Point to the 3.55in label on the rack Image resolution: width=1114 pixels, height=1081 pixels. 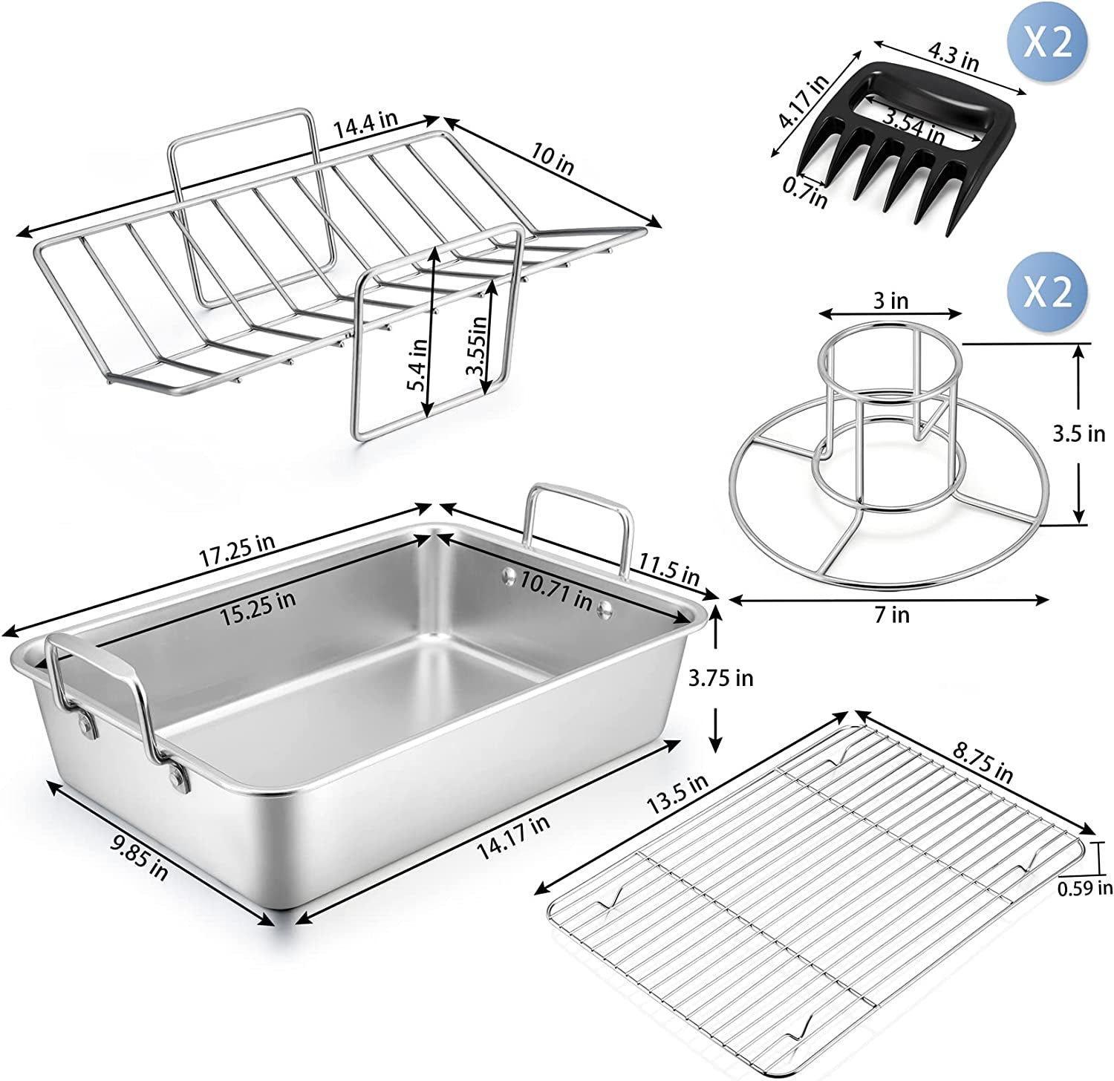(478, 346)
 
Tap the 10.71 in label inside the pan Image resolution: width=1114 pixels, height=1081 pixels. (556, 587)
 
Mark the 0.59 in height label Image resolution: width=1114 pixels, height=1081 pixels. (1085, 886)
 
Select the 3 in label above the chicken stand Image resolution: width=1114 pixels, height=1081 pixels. (890, 301)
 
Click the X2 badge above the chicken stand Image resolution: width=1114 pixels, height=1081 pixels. (1046, 292)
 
